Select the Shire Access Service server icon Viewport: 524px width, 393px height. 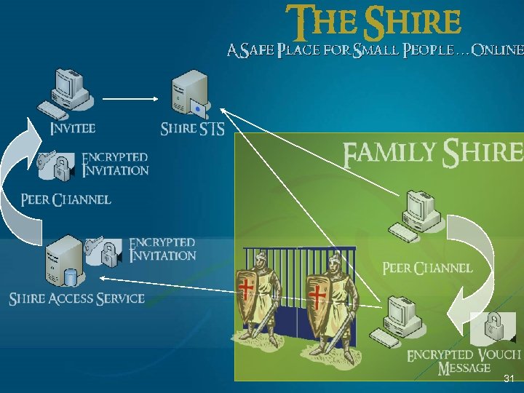63,263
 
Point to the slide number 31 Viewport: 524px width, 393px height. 509,379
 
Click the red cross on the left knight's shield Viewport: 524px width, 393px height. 247,291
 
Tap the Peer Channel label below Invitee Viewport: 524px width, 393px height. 65,199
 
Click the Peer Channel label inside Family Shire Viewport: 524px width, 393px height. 427,268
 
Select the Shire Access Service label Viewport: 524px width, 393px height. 76,298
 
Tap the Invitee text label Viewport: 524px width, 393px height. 72,128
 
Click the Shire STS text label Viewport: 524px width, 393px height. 192,129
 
